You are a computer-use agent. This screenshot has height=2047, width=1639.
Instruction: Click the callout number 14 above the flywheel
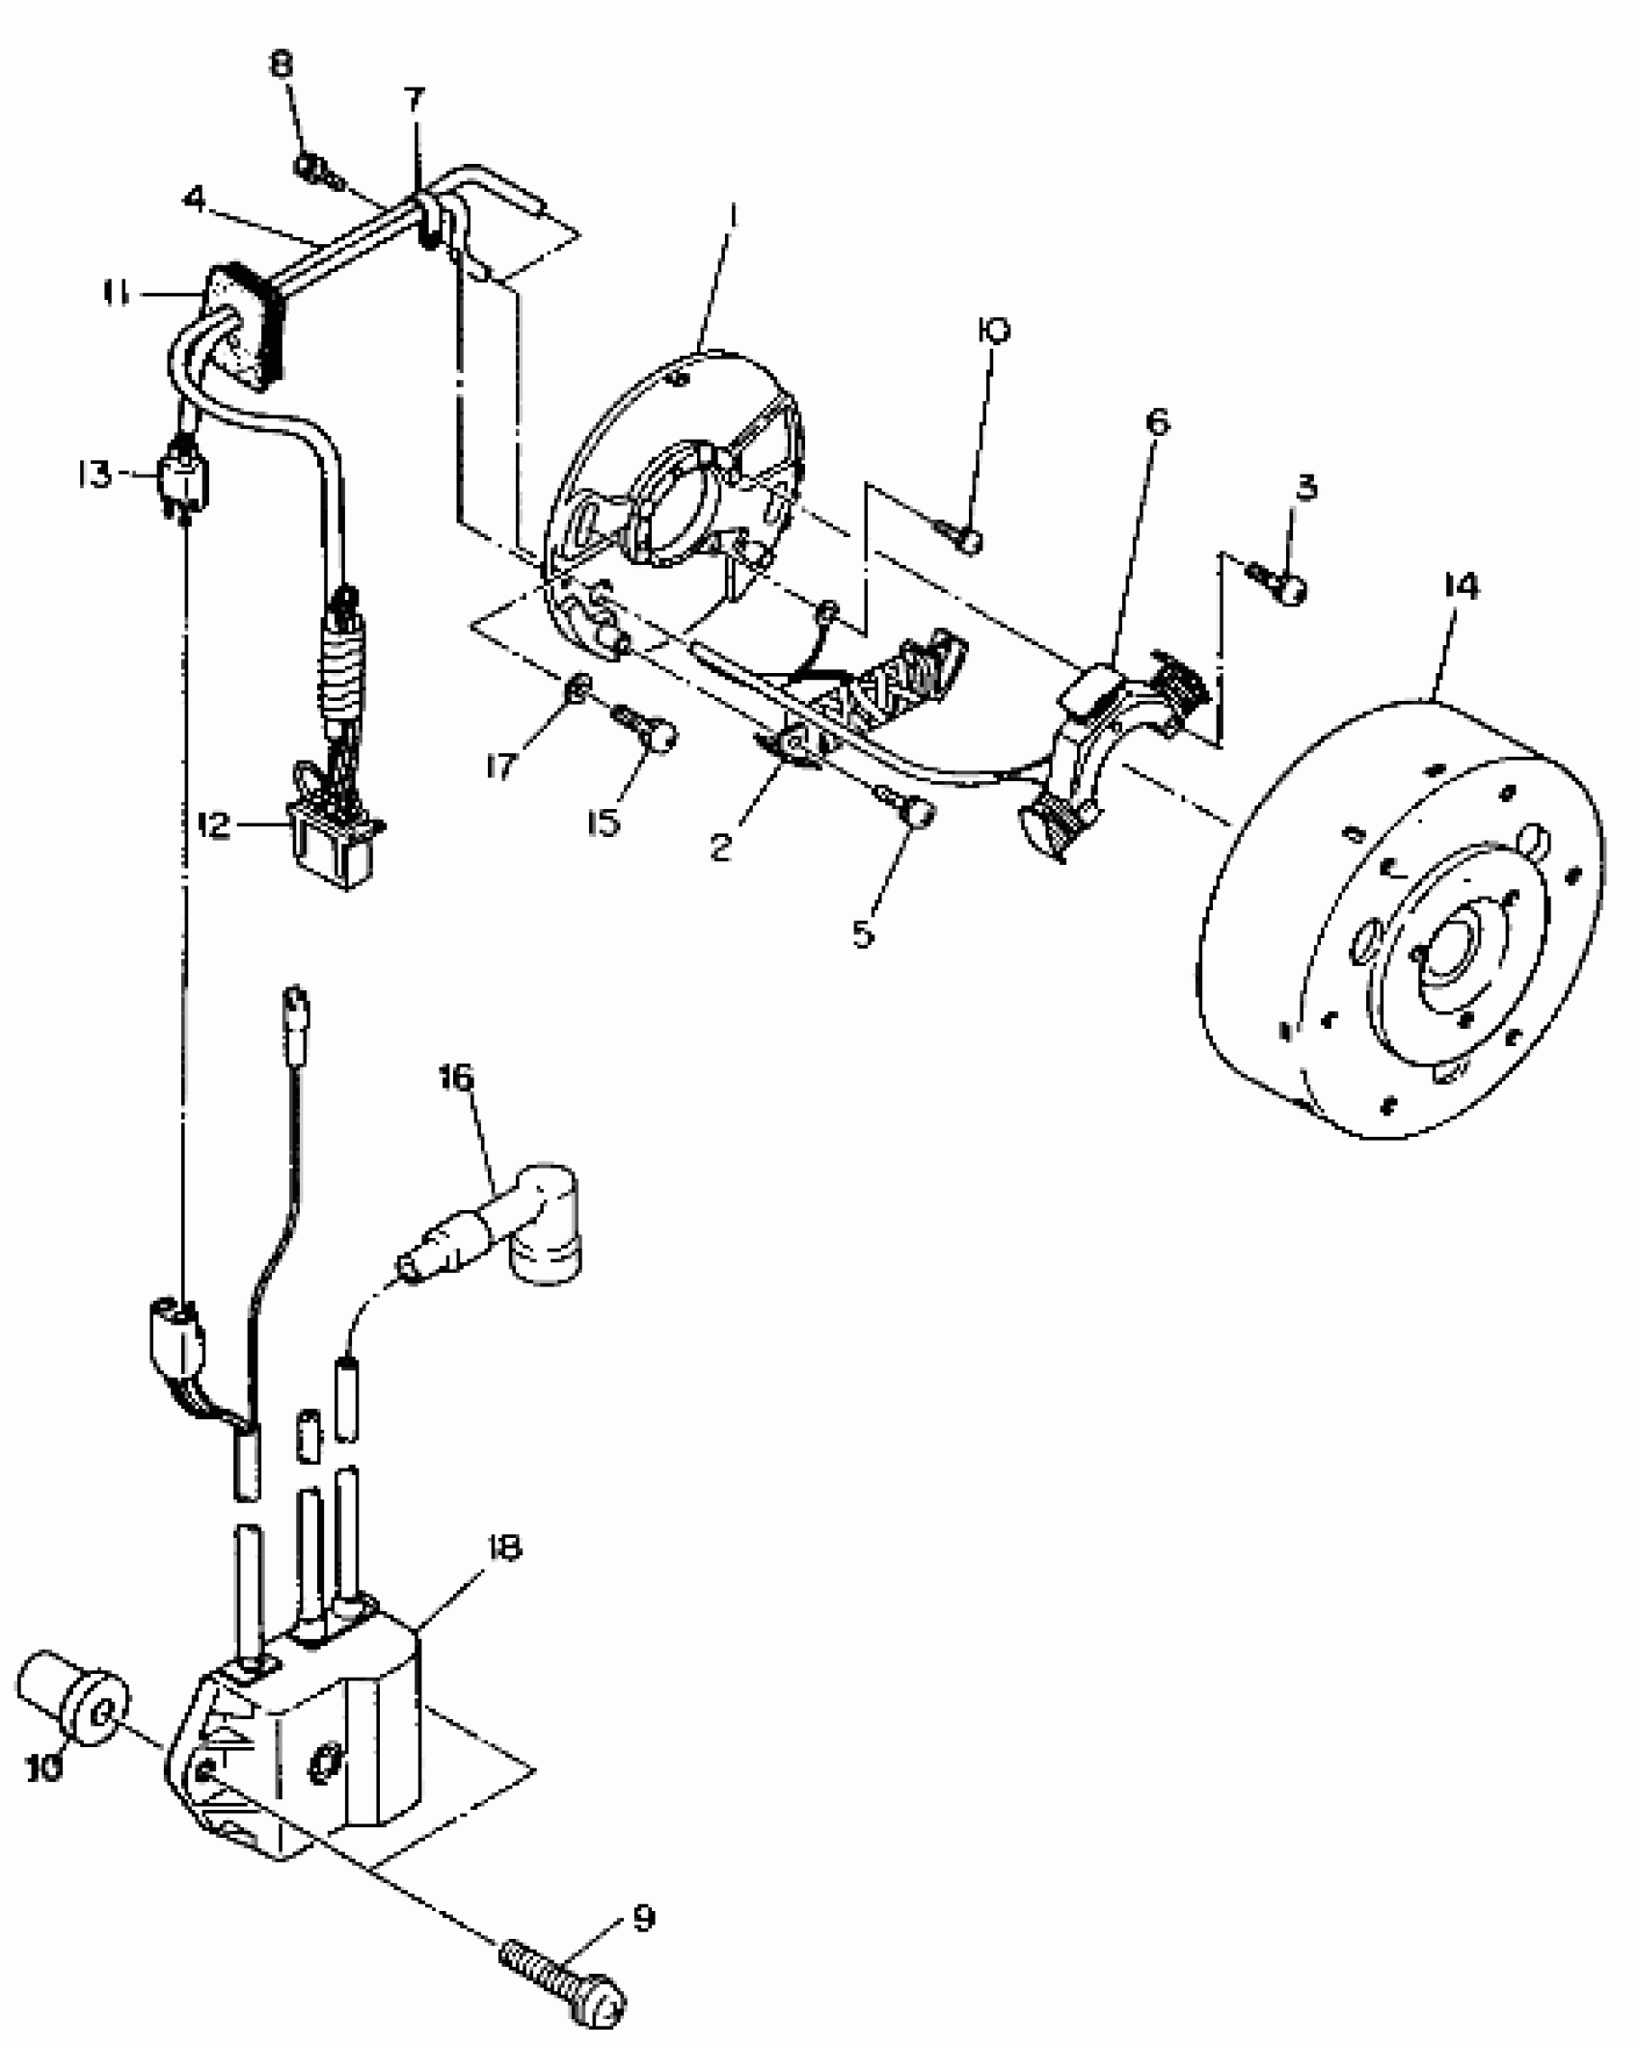(x=1462, y=587)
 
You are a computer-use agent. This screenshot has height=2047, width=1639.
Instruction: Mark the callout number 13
(x=95, y=474)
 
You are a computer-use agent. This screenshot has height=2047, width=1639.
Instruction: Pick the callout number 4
(x=194, y=200)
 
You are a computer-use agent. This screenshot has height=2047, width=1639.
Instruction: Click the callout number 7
(x=413, y=99)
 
